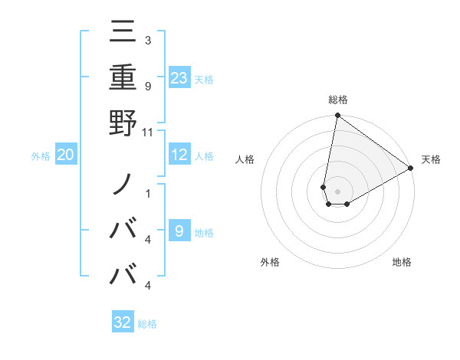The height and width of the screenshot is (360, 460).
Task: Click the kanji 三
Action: [123, 33]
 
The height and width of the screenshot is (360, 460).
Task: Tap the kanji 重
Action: [123, 77]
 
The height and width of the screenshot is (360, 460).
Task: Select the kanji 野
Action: [123, 122]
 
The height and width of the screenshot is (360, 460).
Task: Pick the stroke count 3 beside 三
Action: [147, 40]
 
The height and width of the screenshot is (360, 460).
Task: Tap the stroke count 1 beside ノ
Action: [147, 192]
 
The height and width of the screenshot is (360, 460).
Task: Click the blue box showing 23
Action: [179, 77]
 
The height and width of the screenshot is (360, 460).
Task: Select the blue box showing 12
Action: [179, 155]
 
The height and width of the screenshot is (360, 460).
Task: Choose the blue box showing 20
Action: [66, 155]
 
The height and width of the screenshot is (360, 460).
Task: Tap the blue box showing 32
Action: [123, 322]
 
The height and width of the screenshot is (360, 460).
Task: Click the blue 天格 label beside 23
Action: [204, 79]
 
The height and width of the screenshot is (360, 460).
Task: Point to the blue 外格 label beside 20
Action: [41, 156]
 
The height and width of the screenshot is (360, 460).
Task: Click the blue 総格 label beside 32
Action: [147, 324]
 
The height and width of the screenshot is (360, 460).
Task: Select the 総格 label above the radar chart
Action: [338, 100]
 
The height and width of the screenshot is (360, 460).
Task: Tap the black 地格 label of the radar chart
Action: [402, 262]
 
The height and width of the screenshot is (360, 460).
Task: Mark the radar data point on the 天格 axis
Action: [411, 169]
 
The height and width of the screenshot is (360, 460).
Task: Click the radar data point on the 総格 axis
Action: [337, 116]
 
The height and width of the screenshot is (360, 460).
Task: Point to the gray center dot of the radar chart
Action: [337, 191]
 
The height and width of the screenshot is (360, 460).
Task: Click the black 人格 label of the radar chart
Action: [245, 159]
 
